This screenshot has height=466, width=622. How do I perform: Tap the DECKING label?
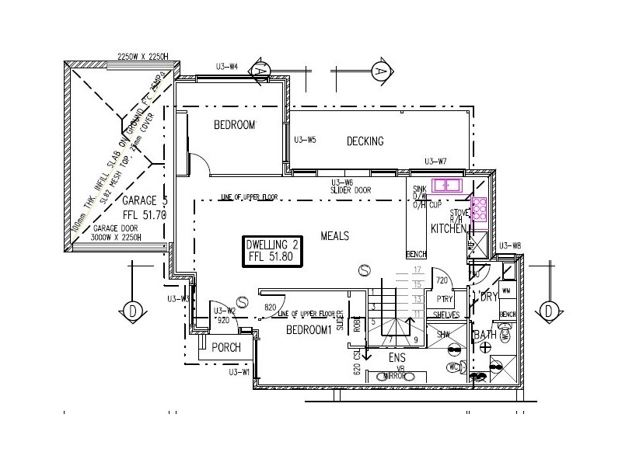coord(365,141)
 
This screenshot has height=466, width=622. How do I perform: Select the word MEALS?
coord(334,236)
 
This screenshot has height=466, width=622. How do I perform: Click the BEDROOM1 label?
coord(309,330)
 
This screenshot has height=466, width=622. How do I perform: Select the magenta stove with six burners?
coord(479,210)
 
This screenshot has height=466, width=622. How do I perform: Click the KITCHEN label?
coord(448,228)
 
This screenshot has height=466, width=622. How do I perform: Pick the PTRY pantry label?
coord(445,299)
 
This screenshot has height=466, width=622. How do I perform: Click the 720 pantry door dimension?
coord(442,280)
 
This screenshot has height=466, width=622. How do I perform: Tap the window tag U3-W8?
coord(511,245)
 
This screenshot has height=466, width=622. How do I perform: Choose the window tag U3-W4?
coord(227,66)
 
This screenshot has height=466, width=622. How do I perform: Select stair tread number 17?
coord(418,270)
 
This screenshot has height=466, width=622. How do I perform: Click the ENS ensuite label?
coord(397,358)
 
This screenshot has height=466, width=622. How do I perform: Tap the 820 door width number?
coord(271,308)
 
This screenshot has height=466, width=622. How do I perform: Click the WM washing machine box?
coord(507,290)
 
